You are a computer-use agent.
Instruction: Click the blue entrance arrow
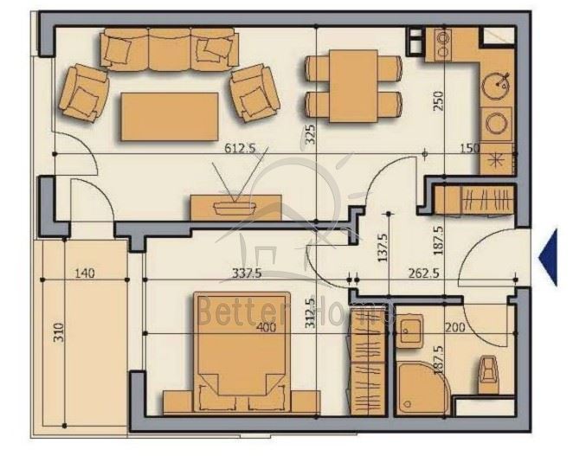coord(549,257)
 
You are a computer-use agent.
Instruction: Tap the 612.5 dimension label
coord(240,148)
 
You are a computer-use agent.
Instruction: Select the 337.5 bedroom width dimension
coord(247,273)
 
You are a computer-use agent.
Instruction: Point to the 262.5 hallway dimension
coord(423,273)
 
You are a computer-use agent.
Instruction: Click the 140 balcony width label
coord(85,273)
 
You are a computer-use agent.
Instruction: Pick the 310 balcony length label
coord(59,332)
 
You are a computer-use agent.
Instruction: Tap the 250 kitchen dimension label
coord(438,100)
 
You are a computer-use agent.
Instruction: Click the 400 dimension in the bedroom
coord(267,327)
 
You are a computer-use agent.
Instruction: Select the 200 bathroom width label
coord(455,327)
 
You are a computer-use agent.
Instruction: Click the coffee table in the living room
coord(170,116)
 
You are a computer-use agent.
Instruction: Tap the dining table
coord(353,86)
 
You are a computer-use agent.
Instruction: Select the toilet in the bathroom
coord(488,374)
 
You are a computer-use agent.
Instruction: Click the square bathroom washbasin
coord(409,330)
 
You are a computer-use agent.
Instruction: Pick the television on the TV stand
coord(235,207)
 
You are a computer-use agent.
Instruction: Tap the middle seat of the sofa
coord(170,49)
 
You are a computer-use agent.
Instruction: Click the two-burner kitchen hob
coord(443,45)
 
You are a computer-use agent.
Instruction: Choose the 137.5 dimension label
coord(383,247)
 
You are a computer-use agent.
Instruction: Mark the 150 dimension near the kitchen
coord(470,148)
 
